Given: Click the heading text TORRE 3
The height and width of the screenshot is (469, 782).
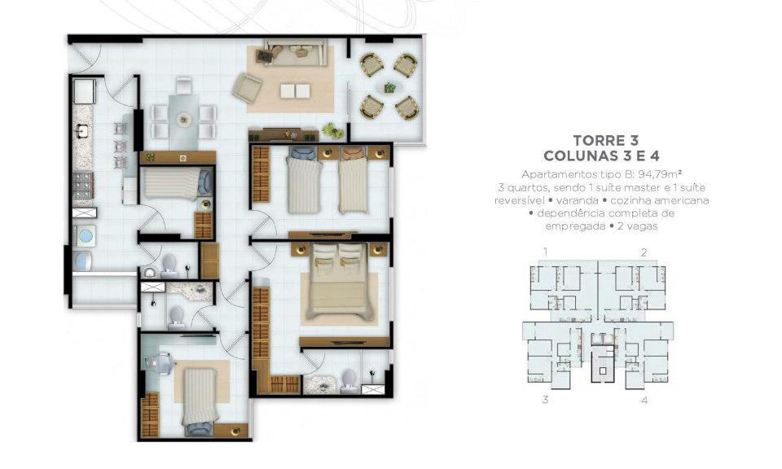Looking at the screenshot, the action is (x=605, y=140).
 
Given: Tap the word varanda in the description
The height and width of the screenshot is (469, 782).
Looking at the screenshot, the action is (x=578, y=200).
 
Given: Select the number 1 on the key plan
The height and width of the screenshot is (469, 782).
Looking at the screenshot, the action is (x=546, y=252).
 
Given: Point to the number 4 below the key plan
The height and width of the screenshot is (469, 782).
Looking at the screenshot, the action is (x=644, y=400).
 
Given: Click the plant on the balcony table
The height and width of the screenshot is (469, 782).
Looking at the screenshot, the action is (x=389, y=88).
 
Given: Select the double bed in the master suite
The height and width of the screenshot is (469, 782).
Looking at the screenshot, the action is (x=340, y=281).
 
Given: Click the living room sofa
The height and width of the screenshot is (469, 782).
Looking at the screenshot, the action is (x=297, y=52).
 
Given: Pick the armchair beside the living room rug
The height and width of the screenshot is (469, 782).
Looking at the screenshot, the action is (x=247, y=89).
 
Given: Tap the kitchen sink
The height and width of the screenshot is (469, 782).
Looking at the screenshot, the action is (x=81, y=131).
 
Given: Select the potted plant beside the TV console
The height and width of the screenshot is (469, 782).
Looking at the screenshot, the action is (x=332, y=131).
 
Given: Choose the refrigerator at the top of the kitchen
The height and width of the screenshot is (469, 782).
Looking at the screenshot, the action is (x=84, y=91).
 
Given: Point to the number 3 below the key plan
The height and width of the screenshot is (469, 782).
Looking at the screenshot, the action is (x=546, y=400).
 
